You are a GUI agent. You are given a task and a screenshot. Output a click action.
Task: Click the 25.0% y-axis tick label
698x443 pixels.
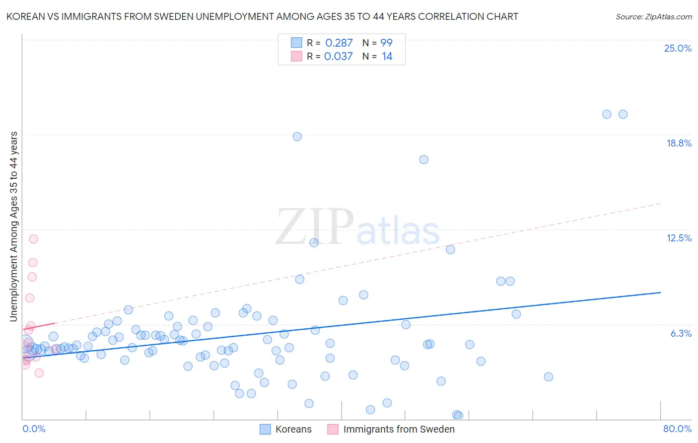click(678, 48)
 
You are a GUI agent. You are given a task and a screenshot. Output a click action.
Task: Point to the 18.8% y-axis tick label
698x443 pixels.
click(679, 143)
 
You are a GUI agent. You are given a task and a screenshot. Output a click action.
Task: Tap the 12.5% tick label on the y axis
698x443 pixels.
click(679, 238)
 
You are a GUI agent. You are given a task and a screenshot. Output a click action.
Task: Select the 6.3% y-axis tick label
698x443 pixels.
click(681, 333)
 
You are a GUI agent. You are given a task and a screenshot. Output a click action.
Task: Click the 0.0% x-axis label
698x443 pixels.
click(34, 429)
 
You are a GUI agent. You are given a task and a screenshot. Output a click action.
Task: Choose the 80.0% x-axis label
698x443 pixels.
click(677, 429)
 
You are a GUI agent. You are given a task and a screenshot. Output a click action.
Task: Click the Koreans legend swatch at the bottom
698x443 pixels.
click(266, 429)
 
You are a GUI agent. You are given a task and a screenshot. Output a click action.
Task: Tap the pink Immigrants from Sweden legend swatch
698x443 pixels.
click(333, 429)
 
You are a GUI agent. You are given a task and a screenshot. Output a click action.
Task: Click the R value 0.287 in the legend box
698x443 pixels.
click(339, 43)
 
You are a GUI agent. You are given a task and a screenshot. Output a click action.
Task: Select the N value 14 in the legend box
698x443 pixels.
click(387, 56)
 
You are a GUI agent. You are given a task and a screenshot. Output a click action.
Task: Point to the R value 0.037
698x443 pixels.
click(338, 56)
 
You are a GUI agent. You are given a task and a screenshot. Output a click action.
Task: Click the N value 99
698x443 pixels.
click(386, 43)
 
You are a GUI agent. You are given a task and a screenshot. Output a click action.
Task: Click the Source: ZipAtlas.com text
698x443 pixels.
click(653, 16)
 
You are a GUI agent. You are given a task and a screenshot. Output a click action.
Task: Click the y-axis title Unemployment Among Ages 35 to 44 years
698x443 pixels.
click(14, 226)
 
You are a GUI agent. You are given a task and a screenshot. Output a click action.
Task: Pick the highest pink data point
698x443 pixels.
click(33, 239)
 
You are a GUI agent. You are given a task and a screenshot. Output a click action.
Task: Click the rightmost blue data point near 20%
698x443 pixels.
click(623, 114)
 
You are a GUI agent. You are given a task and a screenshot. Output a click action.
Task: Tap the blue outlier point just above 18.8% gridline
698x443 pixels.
click(297, 137)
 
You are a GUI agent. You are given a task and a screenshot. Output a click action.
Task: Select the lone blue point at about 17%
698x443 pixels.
click(423, 159)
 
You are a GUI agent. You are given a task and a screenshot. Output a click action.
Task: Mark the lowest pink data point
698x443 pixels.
click(39, 373)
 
